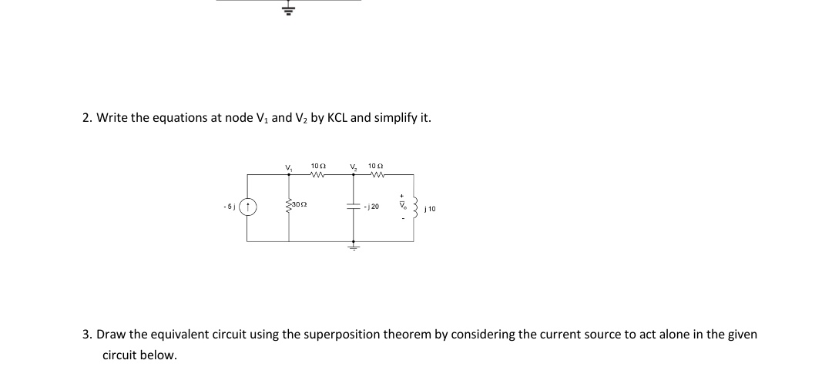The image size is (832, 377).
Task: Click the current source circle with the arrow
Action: click(x=247, y=207)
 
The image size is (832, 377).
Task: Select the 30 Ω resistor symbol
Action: click(x=289, y=205)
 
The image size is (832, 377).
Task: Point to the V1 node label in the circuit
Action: click(x=289, y=168)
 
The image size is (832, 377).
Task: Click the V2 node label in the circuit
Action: click(x=353, y=168)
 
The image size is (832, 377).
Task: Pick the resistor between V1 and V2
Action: click(x=318, y=174)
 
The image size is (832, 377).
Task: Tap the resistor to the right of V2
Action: click(x=377, y=174)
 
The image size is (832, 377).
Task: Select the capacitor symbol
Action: click(x=353, y=207)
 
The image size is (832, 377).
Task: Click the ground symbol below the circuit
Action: click(x=353, y=248)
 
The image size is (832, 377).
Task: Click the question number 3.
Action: click(x=87, y=335)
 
